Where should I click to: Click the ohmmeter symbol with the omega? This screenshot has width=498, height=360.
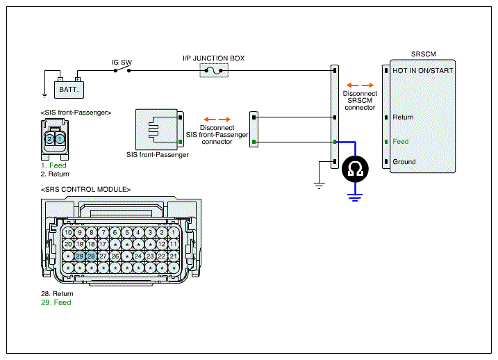[x=355, y=169]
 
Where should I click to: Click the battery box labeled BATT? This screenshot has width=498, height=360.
[x=69, y=90]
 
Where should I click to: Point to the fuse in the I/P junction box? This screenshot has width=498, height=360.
[x=214, y=70]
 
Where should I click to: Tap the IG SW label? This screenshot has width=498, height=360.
[x=122, y=63]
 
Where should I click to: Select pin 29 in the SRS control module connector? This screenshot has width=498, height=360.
[x=79, y=256]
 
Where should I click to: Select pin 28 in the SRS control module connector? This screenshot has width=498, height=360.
[x=91, y=256]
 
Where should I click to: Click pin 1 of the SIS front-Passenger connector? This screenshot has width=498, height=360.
[x=60, y=139]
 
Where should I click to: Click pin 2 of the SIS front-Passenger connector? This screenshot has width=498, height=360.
[x=49, y=139]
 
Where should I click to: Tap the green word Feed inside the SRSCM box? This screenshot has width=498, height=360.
[x=401, y=141]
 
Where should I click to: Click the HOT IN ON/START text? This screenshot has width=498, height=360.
[x=423, y=70]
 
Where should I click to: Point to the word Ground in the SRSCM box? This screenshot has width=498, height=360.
[x=404, y=162]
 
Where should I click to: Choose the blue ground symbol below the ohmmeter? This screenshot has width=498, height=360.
[x=355, y=197]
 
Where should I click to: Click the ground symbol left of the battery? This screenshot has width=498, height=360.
[x=44, y=95]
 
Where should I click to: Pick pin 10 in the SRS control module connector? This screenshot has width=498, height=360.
[x=68, y=233]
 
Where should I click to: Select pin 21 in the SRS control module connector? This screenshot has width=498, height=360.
[x=174, y=256]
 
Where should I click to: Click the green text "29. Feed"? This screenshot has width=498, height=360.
[x=56, y=302]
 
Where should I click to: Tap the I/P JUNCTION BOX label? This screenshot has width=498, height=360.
[x=214, y=58]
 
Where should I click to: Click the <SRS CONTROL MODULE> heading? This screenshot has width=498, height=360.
[x=85, y=189]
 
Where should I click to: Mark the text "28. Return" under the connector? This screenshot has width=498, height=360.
[x=57, y=293]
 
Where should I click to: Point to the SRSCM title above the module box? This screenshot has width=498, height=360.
[x=424, y=54]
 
